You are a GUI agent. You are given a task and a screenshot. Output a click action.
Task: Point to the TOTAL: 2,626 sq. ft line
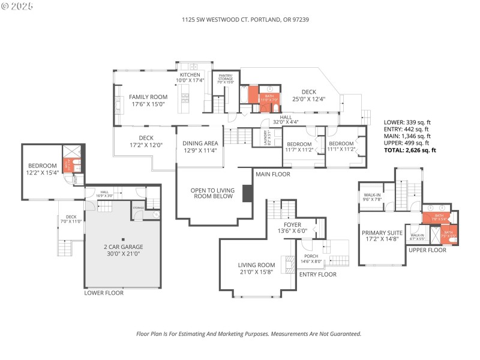point(417,150)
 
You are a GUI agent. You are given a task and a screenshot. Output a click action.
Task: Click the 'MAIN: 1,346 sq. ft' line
point(409,136)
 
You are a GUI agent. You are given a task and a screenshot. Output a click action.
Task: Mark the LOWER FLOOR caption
point(104,293)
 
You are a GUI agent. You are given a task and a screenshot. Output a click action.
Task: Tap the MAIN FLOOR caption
point(273,174)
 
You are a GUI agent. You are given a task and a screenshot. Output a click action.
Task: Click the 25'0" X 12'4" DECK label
point(308,95)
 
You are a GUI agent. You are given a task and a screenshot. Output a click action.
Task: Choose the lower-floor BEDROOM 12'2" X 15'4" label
point(42,169)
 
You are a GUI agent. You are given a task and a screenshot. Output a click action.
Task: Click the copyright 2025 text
point(17,5)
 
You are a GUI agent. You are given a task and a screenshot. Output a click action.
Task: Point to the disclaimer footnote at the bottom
point(248,334)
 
